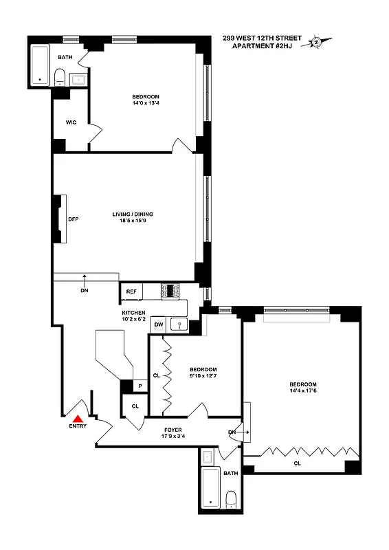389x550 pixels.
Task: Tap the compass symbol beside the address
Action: tap(317, 42)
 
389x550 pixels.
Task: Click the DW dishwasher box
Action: tap(158, 324)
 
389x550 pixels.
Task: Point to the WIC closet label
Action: tap(71, 122)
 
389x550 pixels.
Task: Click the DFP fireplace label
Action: tap(73, 219)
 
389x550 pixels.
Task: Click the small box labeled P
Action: tap(140, 386)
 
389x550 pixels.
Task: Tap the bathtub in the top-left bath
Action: tap(40, 66)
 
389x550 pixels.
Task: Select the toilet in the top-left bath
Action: tap(60, 76)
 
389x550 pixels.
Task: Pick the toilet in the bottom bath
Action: tap(232, 498)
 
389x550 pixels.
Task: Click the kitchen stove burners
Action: tap(170, 291)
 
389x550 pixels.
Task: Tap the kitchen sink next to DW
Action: tap(179, 324)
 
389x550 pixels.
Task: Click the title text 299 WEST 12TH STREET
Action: tap(262, 38)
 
